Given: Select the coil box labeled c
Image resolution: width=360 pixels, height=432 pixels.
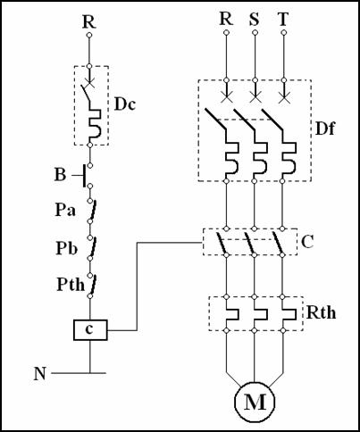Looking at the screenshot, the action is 90,330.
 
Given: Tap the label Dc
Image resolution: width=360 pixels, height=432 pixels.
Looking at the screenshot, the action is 125,104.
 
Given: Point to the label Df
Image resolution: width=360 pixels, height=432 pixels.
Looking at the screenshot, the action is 325,129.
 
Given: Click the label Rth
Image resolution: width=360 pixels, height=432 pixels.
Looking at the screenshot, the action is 321,312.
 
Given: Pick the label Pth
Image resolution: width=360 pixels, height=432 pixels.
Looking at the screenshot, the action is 71,285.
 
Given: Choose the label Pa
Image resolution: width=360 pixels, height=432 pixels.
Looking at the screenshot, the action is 65,210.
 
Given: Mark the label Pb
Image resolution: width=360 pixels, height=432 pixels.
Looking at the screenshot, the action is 66,247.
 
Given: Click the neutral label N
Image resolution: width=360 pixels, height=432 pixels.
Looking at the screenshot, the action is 40,374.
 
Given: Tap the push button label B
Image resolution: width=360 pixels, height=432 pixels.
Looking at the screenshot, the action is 60,174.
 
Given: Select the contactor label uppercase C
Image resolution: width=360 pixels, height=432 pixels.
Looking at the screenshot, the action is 307,242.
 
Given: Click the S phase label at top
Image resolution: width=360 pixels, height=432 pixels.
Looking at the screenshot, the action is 254,20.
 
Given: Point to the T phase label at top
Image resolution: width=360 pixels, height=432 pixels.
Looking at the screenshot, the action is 283,20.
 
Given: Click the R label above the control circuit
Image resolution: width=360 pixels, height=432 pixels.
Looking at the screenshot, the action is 89,21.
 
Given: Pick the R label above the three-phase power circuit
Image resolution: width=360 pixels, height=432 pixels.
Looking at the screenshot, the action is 226,19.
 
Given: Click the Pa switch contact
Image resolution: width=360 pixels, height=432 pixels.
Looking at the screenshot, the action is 93,211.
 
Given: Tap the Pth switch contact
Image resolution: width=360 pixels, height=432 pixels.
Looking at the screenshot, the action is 93,286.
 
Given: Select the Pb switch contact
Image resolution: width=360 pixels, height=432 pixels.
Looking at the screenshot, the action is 93,248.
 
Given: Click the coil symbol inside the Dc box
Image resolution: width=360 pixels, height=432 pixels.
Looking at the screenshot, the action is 96,123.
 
